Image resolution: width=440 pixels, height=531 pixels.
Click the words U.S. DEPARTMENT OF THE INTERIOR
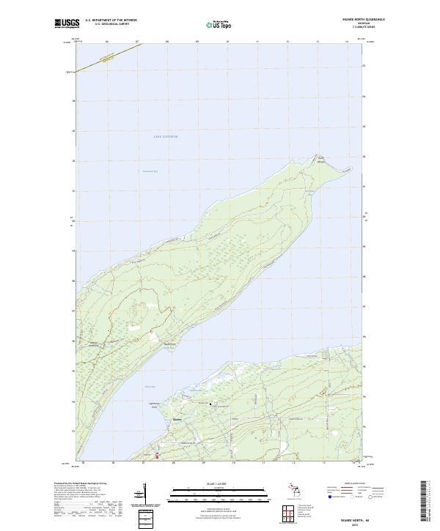click(111, 20)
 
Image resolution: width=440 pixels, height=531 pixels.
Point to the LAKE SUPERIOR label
click(166, 137)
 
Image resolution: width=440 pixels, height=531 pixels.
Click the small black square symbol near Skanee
click(211, 404)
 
